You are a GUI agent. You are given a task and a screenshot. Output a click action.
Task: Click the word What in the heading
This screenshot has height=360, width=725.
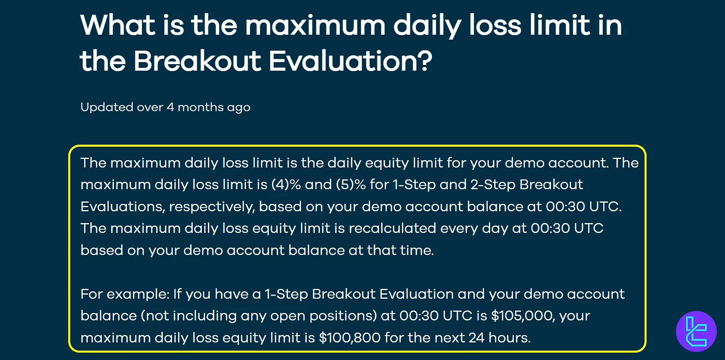coord(118,25)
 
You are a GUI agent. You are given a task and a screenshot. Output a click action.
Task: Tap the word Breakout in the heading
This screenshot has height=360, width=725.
coord(197,61)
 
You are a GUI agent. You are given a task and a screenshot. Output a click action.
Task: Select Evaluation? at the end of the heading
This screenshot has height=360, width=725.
coord(350,61)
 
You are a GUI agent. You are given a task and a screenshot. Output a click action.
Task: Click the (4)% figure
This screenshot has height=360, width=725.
coord(286,185)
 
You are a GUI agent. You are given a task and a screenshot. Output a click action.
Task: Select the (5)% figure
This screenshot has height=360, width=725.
coord(351,185)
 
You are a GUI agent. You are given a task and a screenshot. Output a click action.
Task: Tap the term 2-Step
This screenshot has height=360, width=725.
coord(493,185)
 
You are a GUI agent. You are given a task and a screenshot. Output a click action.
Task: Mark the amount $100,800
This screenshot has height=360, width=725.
coord(350,338)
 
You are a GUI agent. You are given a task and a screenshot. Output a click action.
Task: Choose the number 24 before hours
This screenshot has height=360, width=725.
coord(476,338)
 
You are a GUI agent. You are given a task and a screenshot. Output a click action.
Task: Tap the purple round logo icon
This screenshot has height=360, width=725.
coord(696,331)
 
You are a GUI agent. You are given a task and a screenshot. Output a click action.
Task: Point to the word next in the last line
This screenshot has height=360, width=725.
coord(449,338)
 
